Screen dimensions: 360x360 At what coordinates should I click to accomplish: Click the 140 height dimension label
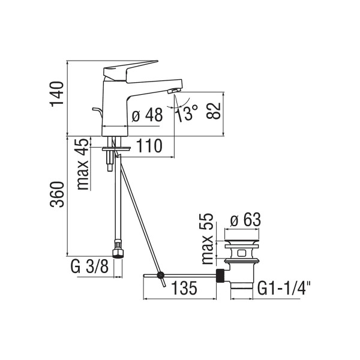click(57, 94)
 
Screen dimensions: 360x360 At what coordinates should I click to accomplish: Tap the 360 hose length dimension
click(57, 194)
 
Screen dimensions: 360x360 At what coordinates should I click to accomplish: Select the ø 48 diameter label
click(147, 115)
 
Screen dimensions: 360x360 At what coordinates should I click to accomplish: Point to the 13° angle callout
click(187, 113)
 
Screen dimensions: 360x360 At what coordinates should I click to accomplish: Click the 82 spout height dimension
click(213, 111)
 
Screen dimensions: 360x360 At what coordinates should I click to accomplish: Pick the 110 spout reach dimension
click(149, 146)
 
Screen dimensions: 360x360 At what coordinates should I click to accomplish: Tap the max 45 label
click(82, 164)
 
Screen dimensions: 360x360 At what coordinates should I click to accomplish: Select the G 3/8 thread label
click(89, 266)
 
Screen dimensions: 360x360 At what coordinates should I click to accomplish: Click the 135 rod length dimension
click(185, 288)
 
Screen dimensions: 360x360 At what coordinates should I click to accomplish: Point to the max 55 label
click(207, 239)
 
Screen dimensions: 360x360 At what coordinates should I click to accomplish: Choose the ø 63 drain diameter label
click(245, 220)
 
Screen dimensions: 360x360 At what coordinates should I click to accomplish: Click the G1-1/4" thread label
click(284, 288)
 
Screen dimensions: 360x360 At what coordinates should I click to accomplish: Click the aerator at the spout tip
click(173, 91)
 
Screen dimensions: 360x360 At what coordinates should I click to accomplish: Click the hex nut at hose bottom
click(118, 253)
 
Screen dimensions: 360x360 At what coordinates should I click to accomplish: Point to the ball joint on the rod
click(160, 275)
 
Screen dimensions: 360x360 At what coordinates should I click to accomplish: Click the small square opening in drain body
click(241, 253)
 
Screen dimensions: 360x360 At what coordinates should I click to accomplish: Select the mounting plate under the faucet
click(116, 149)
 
